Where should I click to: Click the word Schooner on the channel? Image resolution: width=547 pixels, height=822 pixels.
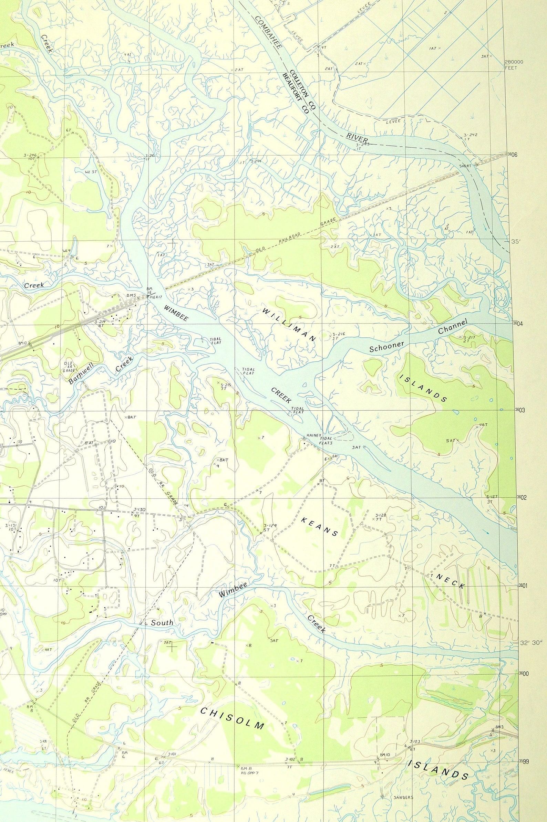tap(386, 347)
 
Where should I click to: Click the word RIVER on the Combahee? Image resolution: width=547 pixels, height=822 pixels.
tap(357, 137)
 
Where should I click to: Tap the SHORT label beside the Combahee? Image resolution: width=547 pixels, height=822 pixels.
tap(465, 166)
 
